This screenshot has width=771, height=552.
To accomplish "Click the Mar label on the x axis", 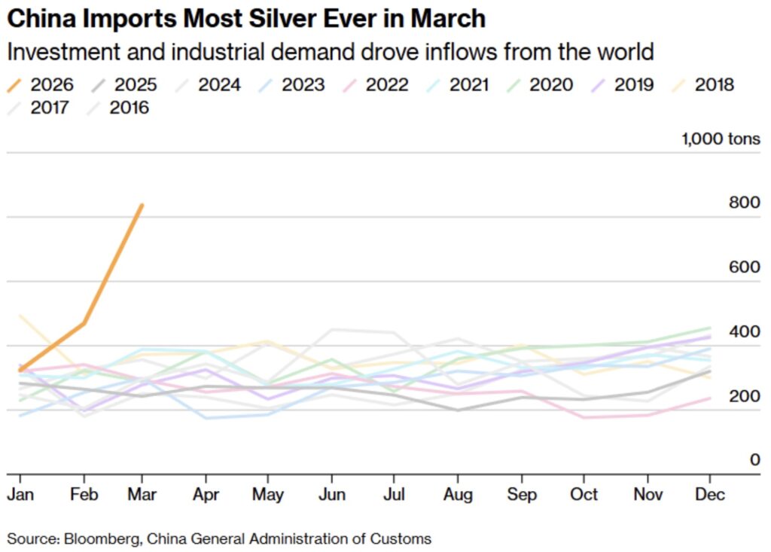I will pos(142,495).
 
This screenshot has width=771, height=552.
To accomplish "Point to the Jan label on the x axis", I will pos(20,495).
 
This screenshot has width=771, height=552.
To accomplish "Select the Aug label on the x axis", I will pos(458,495).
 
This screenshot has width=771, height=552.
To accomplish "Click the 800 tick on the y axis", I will pos(745,203).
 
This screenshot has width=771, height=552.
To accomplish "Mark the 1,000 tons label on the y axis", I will pos(721,139).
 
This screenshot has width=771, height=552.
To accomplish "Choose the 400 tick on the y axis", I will pos(745,331).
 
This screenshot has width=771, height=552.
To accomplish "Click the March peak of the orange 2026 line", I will pos(142,205).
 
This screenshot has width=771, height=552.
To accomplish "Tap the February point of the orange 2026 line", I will pos(84,324).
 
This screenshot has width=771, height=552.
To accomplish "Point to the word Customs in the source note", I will pos(406,538).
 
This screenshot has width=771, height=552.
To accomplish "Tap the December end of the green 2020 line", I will pos(710,328).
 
